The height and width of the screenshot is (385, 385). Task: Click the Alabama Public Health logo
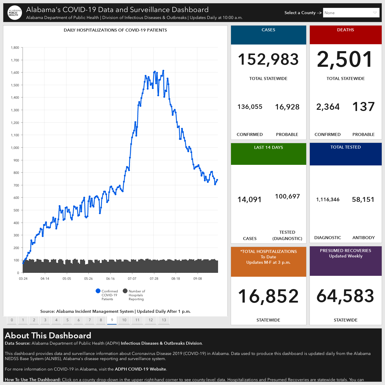tap(14, 13)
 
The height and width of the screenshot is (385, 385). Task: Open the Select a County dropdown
tap(351, 13)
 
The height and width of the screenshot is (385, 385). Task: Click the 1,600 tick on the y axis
tap(15, 72)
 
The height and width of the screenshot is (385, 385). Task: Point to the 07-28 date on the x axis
tap(154, 279)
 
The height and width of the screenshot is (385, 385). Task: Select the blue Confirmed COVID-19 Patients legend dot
tap(98, 291)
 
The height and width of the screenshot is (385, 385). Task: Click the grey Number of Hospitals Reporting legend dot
tap(125, 291)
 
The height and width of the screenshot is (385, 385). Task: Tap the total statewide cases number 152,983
tap(268, 59)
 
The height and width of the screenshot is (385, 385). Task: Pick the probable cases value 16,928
tap(287, 107)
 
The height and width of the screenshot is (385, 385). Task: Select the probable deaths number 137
tap(363, 106)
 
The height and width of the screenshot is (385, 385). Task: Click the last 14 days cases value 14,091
tap(249, 200)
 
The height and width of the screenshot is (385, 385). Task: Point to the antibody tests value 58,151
tap(363, 199)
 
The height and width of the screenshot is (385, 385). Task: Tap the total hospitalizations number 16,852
tap(268, 296)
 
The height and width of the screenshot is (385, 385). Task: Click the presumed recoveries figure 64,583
tap(345, 296)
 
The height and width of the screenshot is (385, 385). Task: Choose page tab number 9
tap(112, 320)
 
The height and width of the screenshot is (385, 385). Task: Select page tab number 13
tap(164, 320)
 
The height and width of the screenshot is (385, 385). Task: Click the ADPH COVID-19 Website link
tap(140, 369)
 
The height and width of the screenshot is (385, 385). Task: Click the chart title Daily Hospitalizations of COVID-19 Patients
tap(115, 30)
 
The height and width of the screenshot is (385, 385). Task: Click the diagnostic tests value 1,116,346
tap(328, 199)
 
